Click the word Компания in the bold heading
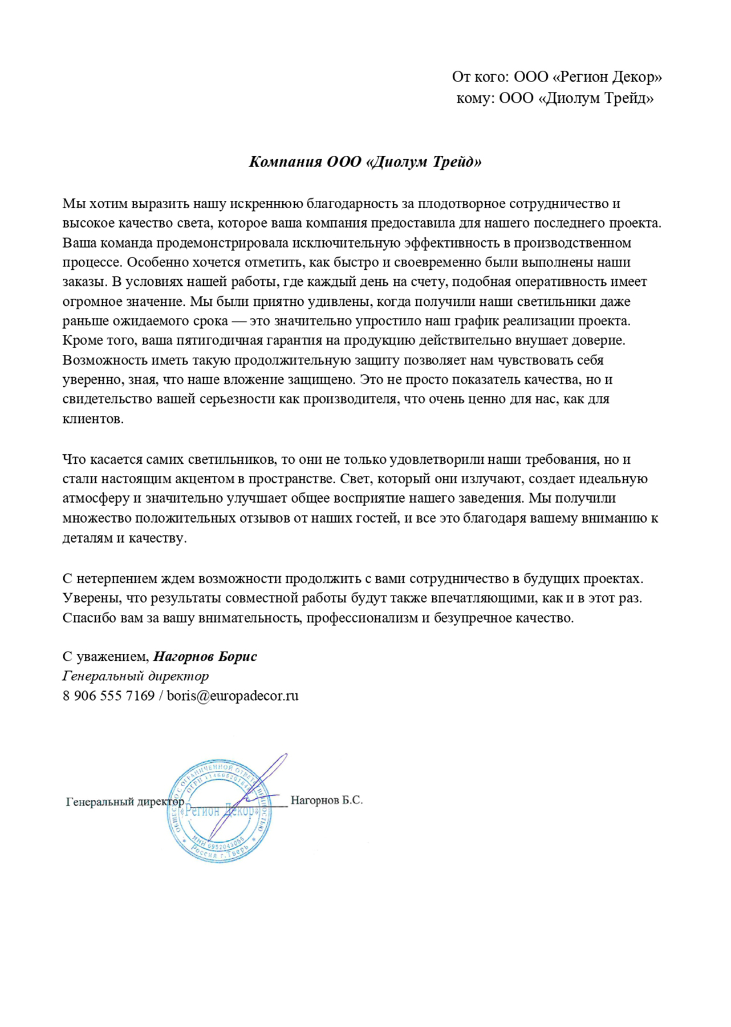[286, 162]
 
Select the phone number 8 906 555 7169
[108, 696]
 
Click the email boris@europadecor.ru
[233, 696]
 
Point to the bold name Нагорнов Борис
[205, 657]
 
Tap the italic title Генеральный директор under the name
[136, 676]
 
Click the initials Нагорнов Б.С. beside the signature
[326, 800]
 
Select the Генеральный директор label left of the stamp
[125, 802]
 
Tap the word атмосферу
[96, 498]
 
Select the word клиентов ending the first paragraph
[92, 419]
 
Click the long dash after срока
[239, 321]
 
